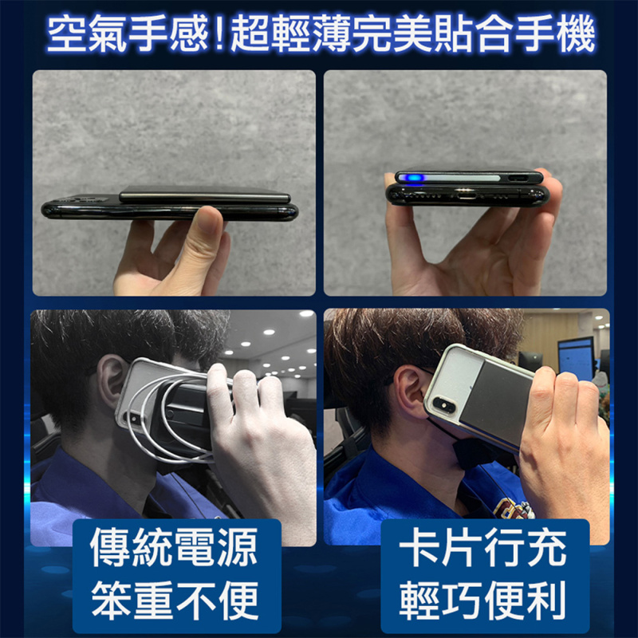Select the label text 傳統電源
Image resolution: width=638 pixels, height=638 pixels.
(x=175, y=549)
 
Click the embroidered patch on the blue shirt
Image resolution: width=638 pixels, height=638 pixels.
(x=514, y=507)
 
